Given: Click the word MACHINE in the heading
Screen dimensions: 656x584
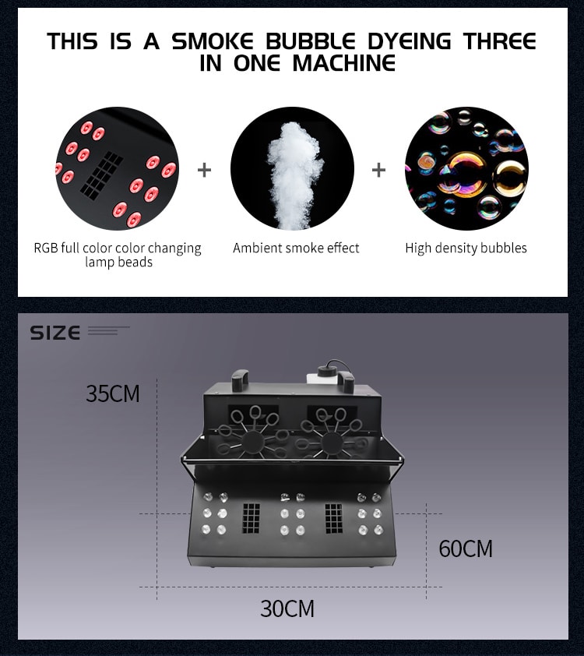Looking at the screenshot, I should pyautogui.click(x=343, y=64).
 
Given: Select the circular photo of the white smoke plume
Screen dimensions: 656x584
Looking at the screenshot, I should pyautogui.click(x=292, y=169).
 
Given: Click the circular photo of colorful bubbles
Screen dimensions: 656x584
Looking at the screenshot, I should pyautogui.click(x=466, y=169).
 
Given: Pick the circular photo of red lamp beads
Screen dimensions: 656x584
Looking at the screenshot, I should pyautogui.click(x=117, y=169).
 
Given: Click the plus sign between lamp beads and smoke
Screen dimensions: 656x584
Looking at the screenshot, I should pyautogui.click(x=204, y=170).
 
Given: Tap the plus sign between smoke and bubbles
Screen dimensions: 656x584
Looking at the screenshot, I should pyautogui.click(x=378, y=170).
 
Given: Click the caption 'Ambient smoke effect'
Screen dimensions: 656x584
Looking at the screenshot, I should pyautogui.click(x=296, y=248).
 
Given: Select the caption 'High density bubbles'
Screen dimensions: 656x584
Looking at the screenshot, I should pyautogui.click(x=466, y=248).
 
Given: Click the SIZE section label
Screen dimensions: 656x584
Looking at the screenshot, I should pyautogui.click(x=55, y=333).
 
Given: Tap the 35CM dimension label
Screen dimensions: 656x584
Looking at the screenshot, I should pyautogui.click(x=113, y=393).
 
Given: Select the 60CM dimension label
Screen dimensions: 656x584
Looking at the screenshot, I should pyautogui.click(x=466, y=548).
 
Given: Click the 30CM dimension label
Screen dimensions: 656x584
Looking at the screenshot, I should pyautogui.click(x=287, y=608).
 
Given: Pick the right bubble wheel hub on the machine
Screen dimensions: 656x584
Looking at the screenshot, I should pyautogui.click(x=332, y=442).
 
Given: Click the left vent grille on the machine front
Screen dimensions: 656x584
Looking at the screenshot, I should pyautogui.click(x=251, y=518).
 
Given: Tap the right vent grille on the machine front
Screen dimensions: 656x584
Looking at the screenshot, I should pyautogui.click(x=333, y=518).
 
